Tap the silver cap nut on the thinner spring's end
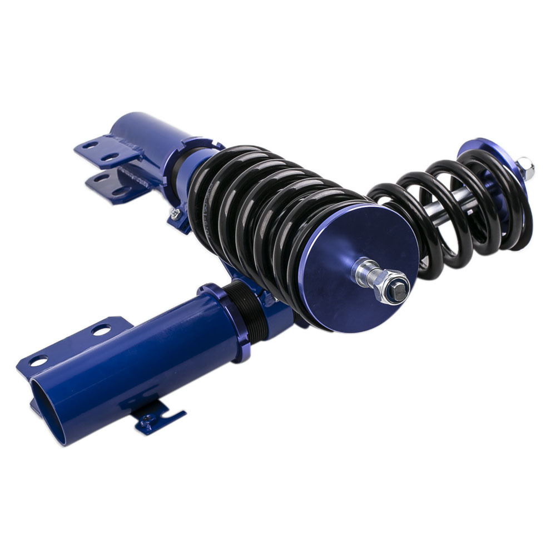(x=525, y=167)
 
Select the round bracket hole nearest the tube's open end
(x=38, y=361)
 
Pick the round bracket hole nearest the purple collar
(x=101, y=330)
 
